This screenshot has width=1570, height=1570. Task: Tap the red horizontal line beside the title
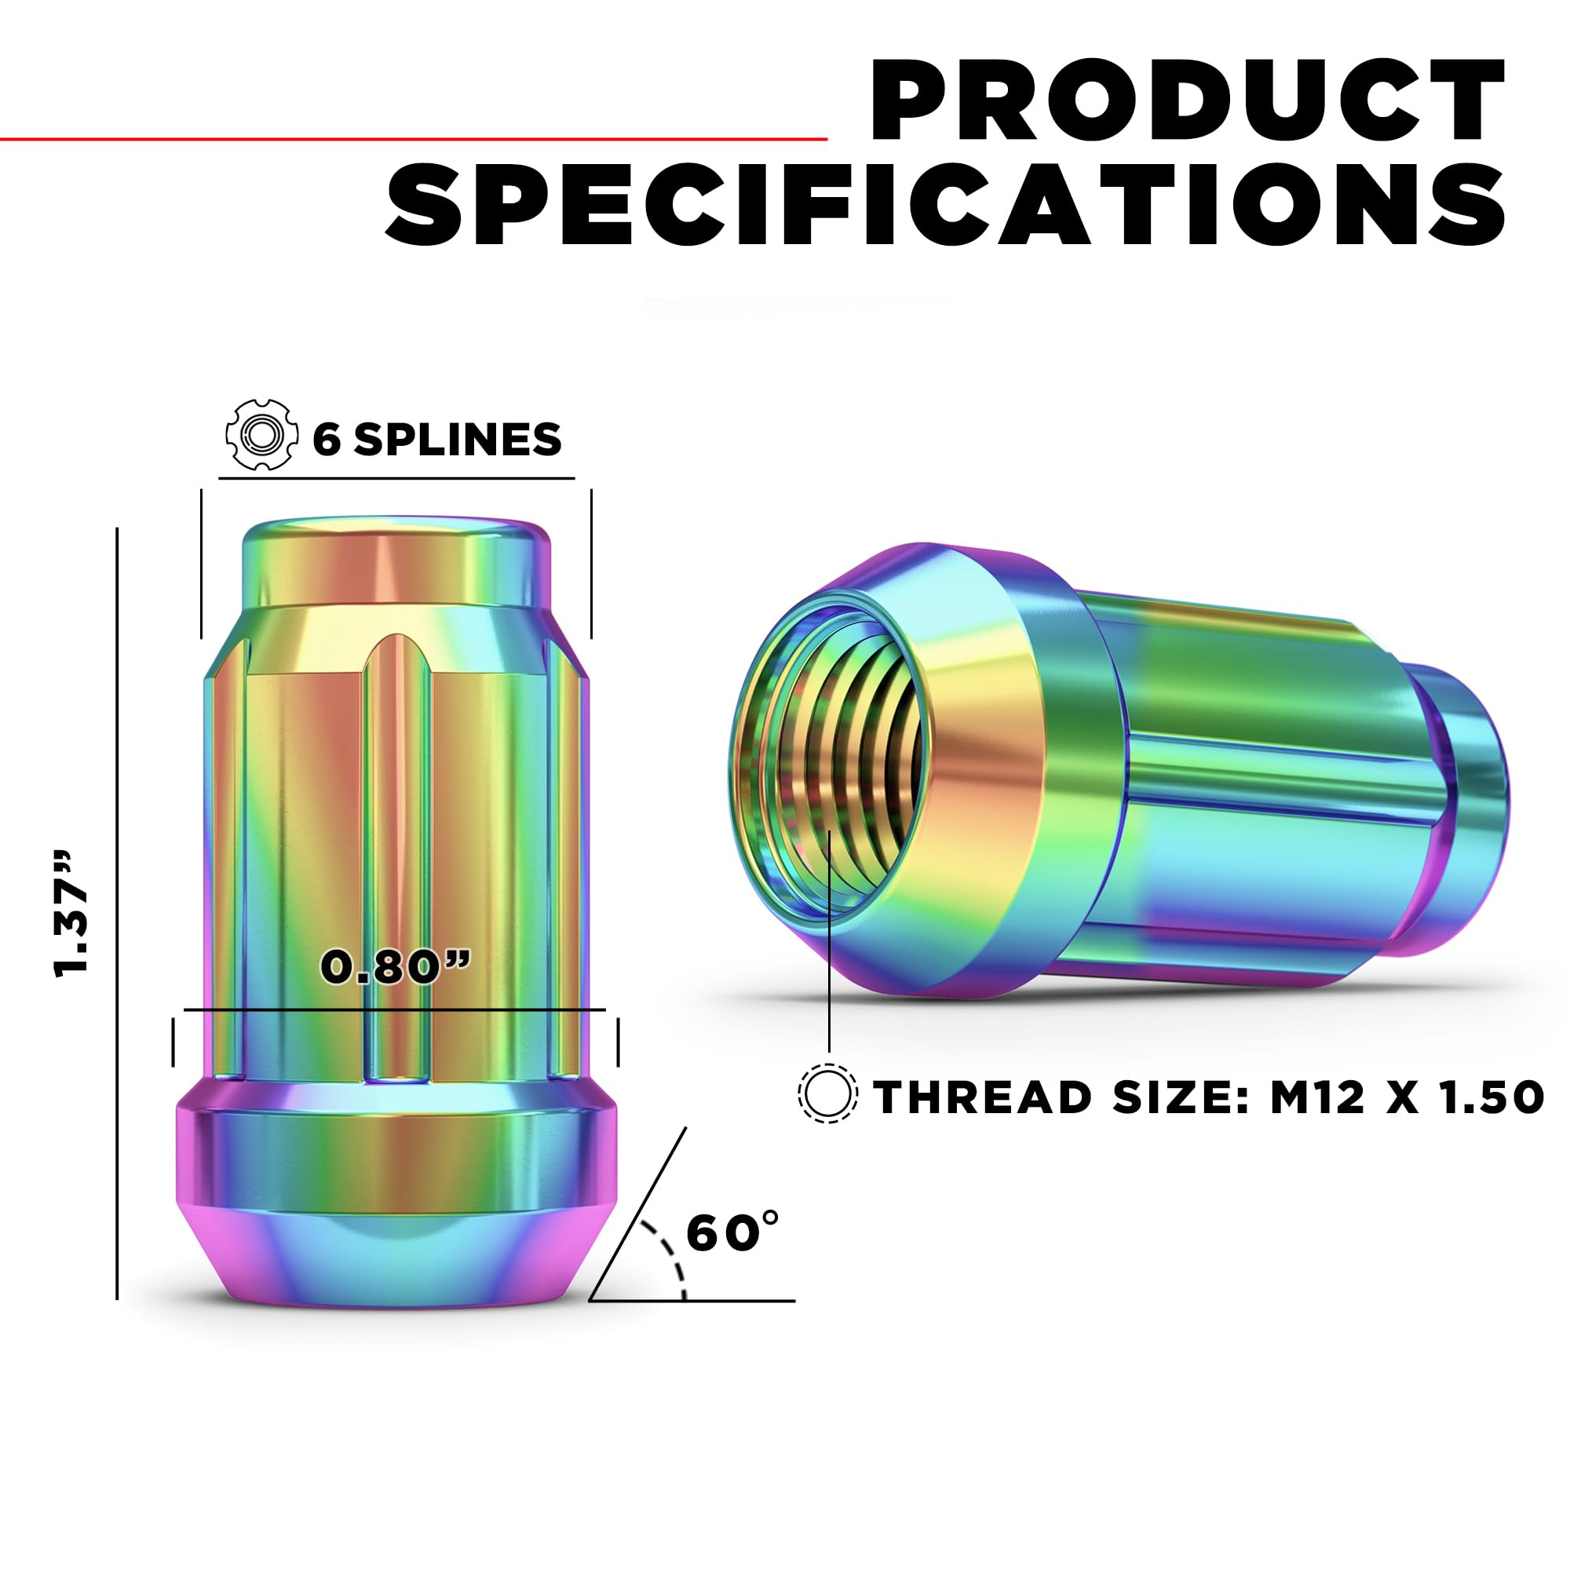click(x=413, y=139)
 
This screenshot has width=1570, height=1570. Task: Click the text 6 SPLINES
click(x=437, y=440)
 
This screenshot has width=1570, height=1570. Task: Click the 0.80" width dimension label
click(x=396, y=967)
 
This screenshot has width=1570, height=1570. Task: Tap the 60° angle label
click(x=732, y=1232)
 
